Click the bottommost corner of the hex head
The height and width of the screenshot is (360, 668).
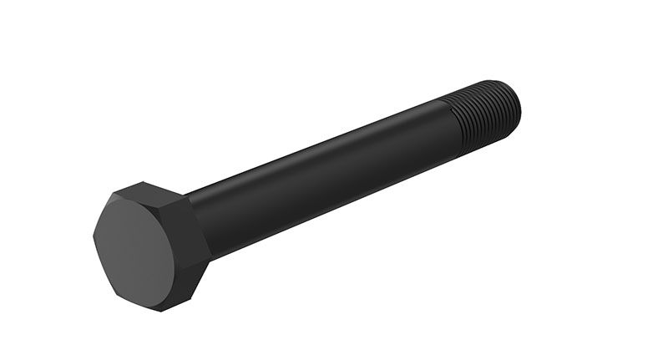pyautogui.click(x=159, y=311)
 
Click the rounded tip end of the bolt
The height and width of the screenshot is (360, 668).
pyautogui.click(x=517, y=108)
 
